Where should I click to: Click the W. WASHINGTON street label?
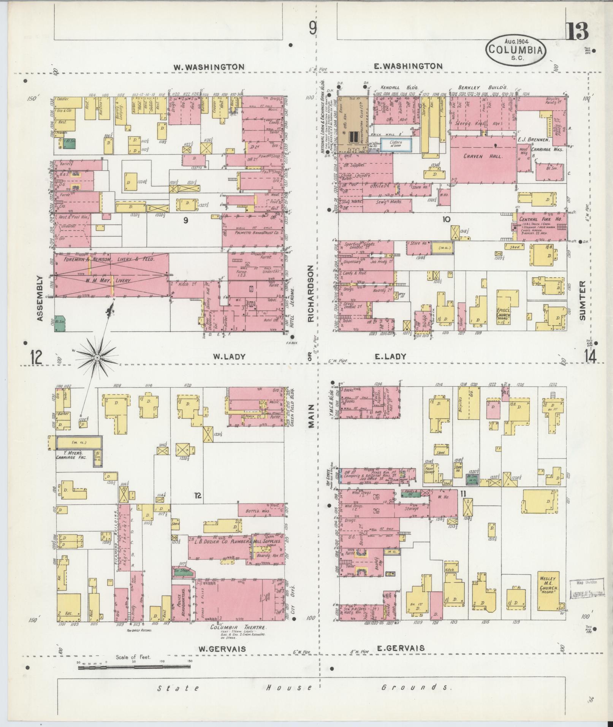(x=209, y=67)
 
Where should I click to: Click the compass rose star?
(x=97, y=358)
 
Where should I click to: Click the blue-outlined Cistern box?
(x=396, y=145)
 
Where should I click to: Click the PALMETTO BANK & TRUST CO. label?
(x=251, y=232)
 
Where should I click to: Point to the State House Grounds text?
(x=304, y=687)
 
